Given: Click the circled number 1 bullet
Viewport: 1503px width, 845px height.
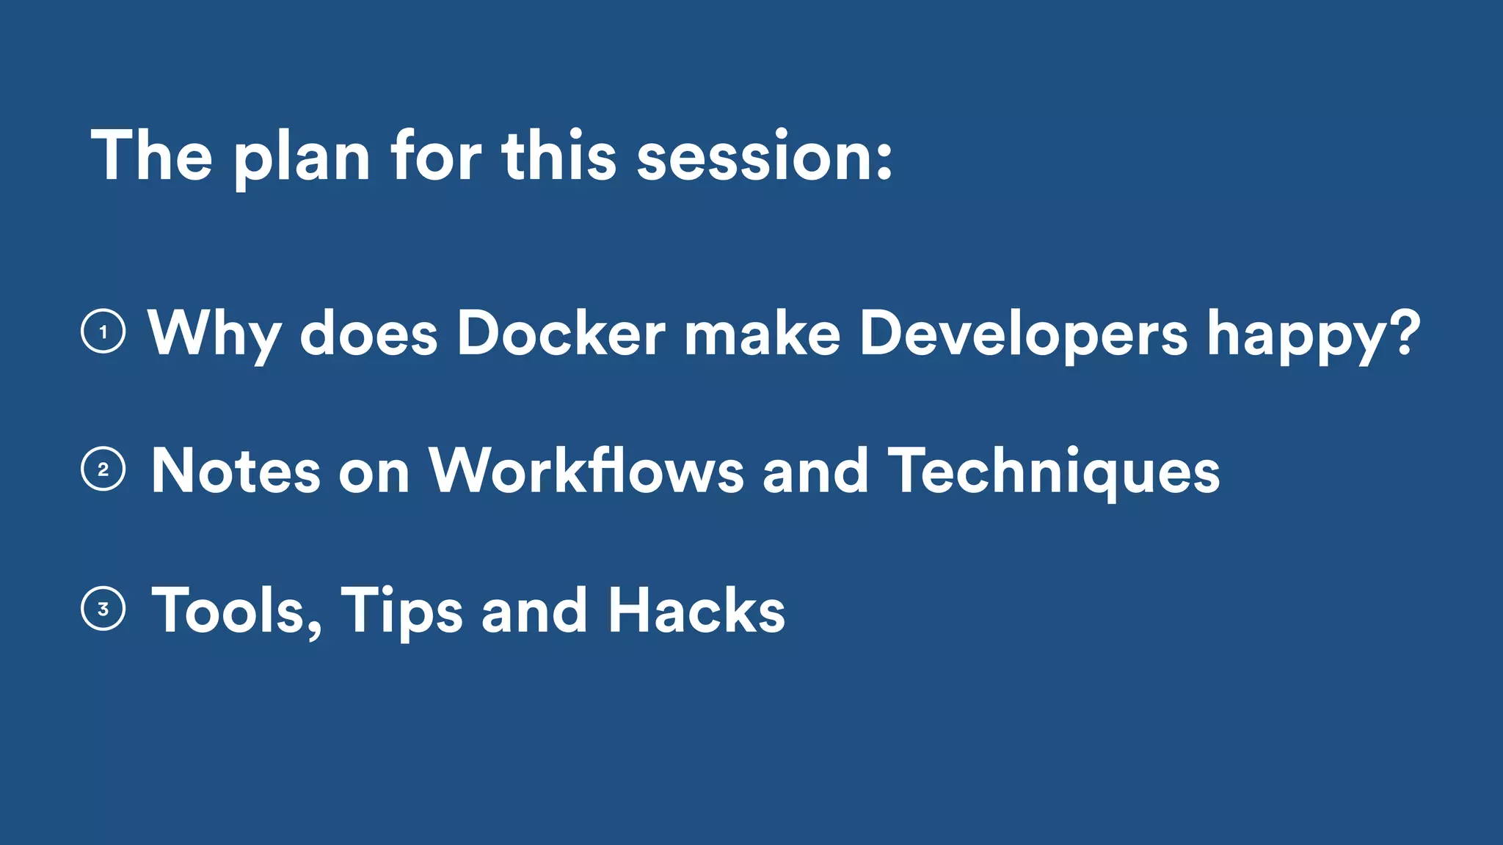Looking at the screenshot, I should coord(103,332).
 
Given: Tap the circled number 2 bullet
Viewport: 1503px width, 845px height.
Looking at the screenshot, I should coord(103,469).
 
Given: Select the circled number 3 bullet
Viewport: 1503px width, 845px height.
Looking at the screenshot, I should coord(103,609).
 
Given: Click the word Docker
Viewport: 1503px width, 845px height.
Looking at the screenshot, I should coord(561,334).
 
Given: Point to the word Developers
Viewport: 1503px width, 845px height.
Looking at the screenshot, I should coord(1023,334).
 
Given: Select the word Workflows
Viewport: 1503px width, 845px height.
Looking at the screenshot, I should coord(586,471).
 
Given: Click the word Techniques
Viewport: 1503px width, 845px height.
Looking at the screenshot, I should coord(1054,471).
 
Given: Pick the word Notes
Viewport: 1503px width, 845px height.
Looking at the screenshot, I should coord(236,471).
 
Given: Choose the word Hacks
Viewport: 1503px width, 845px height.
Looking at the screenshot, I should coord(696,610).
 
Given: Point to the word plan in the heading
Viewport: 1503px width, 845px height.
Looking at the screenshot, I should coord(302,158).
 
